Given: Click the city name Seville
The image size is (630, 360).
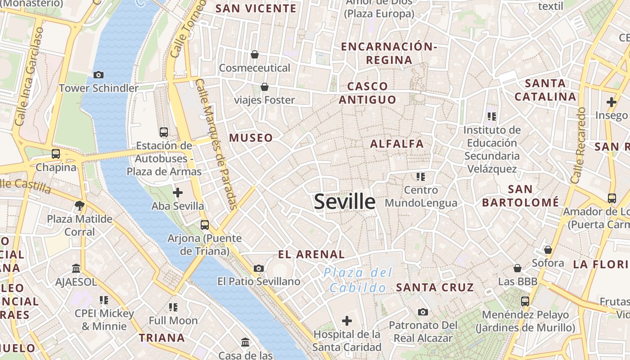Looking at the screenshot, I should tap(344, 202).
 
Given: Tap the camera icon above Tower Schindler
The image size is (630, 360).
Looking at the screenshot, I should tap(98, 75).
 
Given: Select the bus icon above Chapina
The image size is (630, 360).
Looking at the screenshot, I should tap(56, 154).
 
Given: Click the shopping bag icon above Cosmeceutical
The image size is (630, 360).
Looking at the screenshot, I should tap(255, 54).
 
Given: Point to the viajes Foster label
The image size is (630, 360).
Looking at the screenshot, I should tap(265, 100).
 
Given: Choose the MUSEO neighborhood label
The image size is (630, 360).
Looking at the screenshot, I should tap(251, 138).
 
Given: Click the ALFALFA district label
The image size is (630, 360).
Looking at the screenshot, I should tap(397, 144).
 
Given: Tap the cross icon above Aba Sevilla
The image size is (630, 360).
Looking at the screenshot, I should tap(178, 193).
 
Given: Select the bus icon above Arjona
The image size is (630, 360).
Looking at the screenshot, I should tap(205, 225).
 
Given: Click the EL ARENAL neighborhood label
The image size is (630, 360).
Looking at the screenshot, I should tap(311, 254).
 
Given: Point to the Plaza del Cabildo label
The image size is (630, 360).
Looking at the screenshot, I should tap(358, 280).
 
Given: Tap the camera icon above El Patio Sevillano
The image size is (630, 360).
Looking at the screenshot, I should tap(259, 269).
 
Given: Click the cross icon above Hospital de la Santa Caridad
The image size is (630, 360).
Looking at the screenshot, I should tap(347, 321).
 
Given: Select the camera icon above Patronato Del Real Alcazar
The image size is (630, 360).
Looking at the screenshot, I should tap(423, 312).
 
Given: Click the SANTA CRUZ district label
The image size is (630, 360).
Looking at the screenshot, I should tap(435, 287).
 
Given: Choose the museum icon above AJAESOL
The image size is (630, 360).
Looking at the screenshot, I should tap(76, 269).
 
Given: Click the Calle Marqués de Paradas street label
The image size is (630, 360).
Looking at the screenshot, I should tap(217, 144).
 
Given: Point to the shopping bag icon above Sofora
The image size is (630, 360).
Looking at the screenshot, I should tap(548, 250).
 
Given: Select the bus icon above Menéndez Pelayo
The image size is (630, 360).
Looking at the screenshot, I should tap(525, 301).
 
